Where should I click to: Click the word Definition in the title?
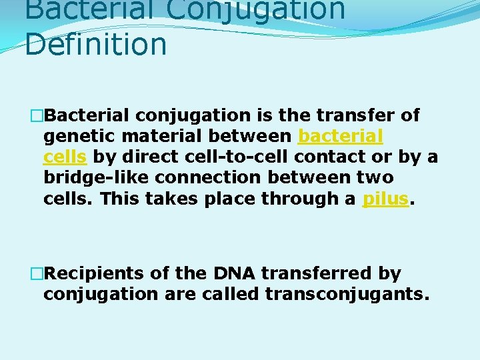[96, 45]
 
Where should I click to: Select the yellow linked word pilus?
[385, 199]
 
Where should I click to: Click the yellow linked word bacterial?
[340, 137]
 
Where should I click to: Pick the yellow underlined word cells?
[65, 157]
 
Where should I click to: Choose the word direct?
[141, 157]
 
